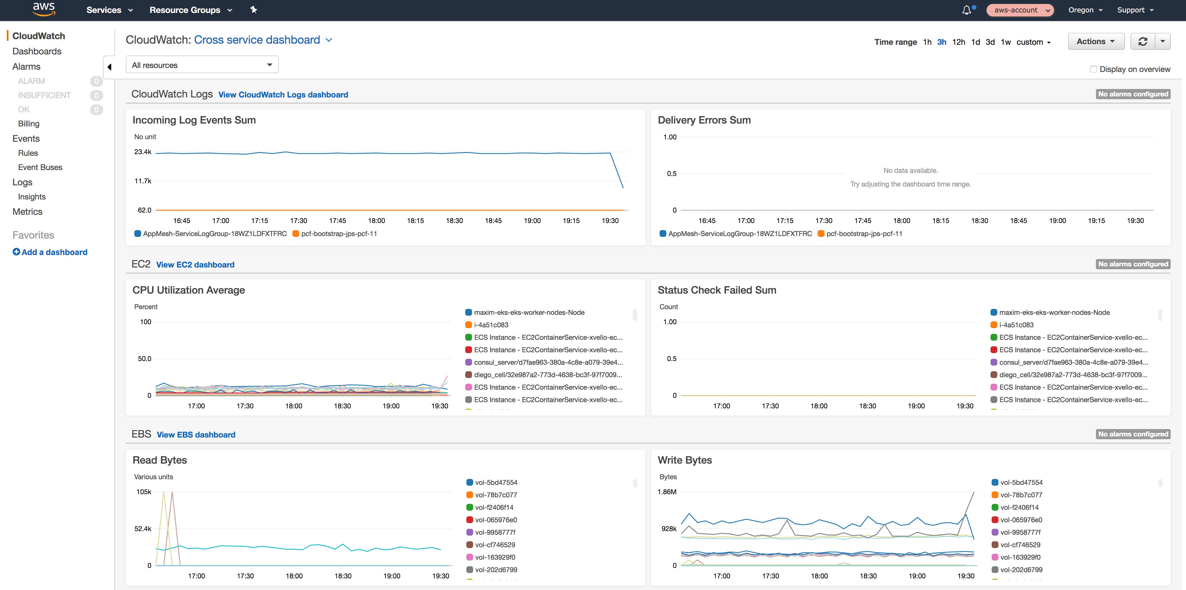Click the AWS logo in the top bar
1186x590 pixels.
pyautogui.click(x=44, y=9)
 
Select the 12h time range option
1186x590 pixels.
pyautogui.click(x=958, y=42)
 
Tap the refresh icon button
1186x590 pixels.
pyautogui.click(x=1143, y=41)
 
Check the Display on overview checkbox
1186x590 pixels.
pyautogui.click(x=1093, y=69)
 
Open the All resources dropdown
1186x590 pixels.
pyautogui.click(x=202, y=65)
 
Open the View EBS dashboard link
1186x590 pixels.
pyautogui.click(x=196, y=435)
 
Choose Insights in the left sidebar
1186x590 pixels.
pyautogui.click(x=32, y=197)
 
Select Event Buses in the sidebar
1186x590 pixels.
pyautogui.click(x=40, y=167)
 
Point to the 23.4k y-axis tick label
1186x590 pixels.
pyautogui.click(x=143, y=152)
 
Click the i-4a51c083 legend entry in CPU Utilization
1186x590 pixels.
pyautogui.click(x=491, y=325)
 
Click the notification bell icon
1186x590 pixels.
pyautogui.click(x=966, y=10)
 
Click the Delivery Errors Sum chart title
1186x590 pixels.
pyautogui.click(x=704, y=120)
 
